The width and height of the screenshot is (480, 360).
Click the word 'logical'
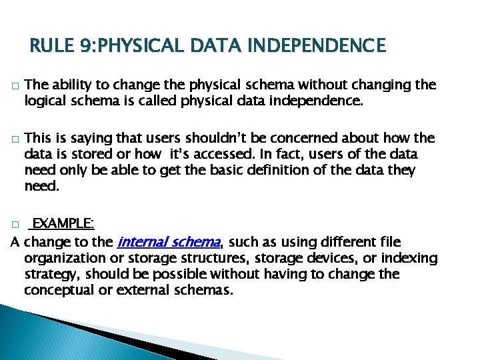point(46,101)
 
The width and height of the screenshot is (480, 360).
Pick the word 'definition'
point(266,171)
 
